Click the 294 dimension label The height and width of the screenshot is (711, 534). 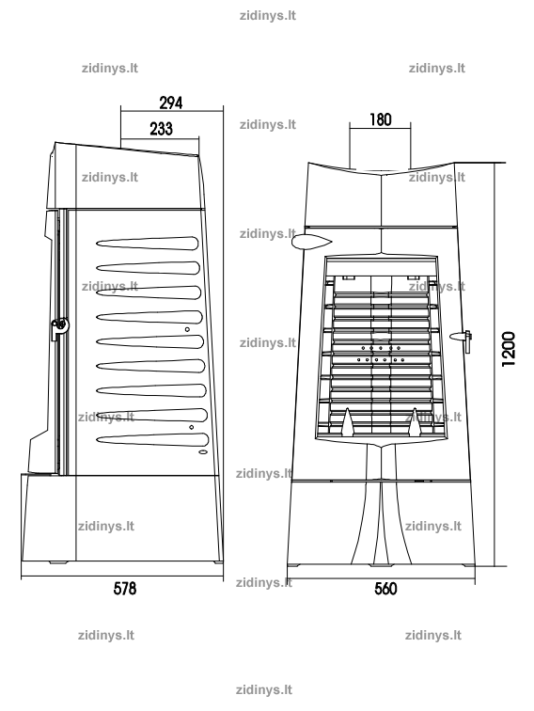pos(171,103)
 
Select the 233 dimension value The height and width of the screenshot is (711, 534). pos(162,129)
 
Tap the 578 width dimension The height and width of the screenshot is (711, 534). pos(125,588)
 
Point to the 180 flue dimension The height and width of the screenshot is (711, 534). pos(381,119)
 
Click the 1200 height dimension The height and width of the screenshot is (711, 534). pos(509,349)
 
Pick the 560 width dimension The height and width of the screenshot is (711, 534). pos(385,589)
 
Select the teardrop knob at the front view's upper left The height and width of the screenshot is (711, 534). pos(311,241)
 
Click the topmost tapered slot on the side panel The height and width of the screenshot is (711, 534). pos(148,243)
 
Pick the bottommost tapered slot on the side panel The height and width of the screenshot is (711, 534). pos(152,439)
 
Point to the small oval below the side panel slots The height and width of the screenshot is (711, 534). pos(203,452)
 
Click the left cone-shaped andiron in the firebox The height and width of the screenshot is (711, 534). pos(347,422)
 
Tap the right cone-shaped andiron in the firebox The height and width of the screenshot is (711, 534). pos(415,422)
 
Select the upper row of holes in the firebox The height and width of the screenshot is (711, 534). pos(381,348)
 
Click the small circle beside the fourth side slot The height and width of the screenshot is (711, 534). pos(187,329)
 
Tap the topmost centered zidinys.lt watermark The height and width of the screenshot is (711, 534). pos(267,15)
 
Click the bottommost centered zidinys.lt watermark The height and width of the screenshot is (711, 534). pos(264,690)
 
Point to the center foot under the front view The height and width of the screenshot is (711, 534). pos(382,565)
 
